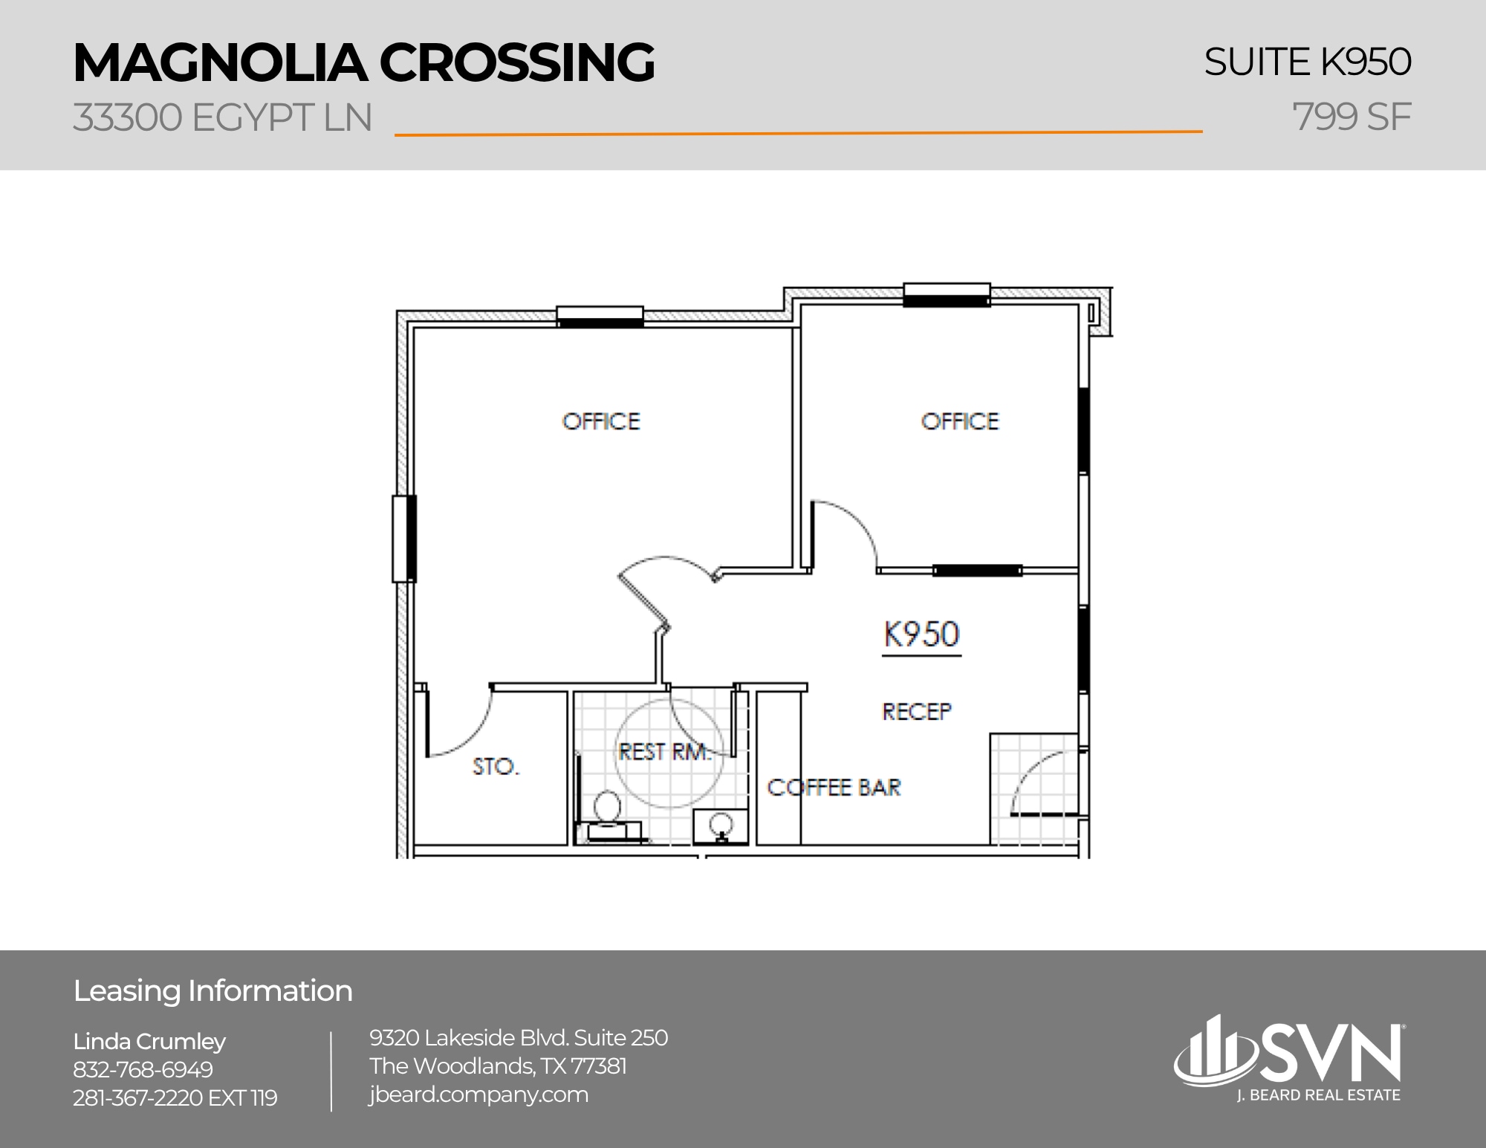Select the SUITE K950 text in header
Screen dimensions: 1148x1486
[x=1307, y=62]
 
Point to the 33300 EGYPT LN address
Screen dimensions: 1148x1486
[x=222, y=118]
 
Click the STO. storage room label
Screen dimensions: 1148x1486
[x=496, y=766]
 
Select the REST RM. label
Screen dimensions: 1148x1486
[x=663, y=752]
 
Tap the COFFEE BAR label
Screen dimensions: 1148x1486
[x=833, y=788]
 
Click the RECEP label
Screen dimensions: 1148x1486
[x=916, y=712]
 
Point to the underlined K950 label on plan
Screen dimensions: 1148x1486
[x=921, y=635]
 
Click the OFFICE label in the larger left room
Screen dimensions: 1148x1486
[x=600, y=422]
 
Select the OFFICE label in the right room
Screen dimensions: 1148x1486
[x=960, y=422]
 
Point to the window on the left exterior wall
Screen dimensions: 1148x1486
[x=404, y=539]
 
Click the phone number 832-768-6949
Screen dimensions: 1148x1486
[x=143, y=1069]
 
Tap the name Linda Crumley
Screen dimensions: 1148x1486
[x=149, y=1041]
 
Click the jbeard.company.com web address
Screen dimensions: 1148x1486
[x=478, y=1095]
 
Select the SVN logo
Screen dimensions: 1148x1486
[x=1289, y=1055]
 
